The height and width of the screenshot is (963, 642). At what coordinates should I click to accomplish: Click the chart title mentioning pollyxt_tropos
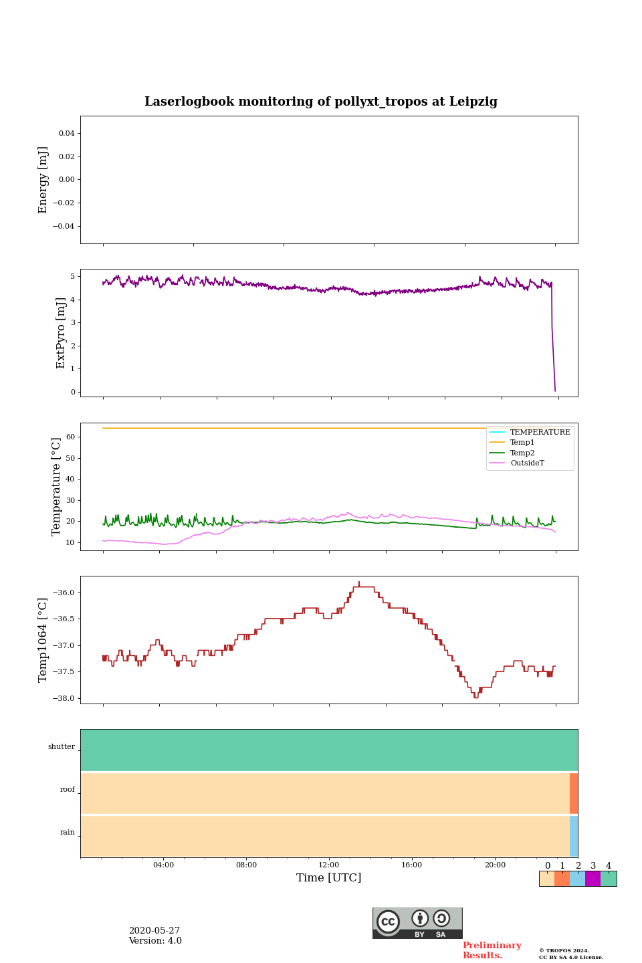pos(321,102)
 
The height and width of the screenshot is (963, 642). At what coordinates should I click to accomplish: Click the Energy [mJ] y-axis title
pos(43,180)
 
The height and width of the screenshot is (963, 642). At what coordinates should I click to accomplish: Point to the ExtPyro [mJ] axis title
pos(61,333)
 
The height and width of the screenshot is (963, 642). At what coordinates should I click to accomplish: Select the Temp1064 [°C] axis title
pos(43,640)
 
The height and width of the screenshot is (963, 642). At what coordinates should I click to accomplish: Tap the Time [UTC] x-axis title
pos(329,877)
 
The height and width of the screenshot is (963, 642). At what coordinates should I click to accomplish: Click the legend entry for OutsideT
pos(527,463)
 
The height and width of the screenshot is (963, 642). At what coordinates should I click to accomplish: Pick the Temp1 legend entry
pos(522,442)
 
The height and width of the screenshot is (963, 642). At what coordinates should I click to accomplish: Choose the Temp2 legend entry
pos(522,453)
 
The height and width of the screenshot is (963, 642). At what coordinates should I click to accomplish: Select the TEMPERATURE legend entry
pos(540,432)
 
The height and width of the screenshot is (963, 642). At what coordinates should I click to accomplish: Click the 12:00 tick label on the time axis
pos(329,865)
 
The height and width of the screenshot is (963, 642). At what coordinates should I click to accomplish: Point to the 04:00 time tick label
pos(163,865)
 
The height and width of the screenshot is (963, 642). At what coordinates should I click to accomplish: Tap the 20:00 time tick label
pos(495,865)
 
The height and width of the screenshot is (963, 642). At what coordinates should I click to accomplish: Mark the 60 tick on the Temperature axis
pos(70,437)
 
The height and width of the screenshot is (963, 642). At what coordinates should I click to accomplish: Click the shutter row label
pos(62,747)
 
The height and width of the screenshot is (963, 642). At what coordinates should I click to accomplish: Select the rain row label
pos(68,833)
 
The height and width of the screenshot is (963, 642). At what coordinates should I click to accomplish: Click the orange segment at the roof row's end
pos(574,793)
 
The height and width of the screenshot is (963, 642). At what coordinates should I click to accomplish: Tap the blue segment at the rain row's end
pos(574,836)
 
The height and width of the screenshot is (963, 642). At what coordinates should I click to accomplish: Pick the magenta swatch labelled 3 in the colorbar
pos(593,879)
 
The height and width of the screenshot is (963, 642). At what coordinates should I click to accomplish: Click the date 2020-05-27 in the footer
pos(154,931)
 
